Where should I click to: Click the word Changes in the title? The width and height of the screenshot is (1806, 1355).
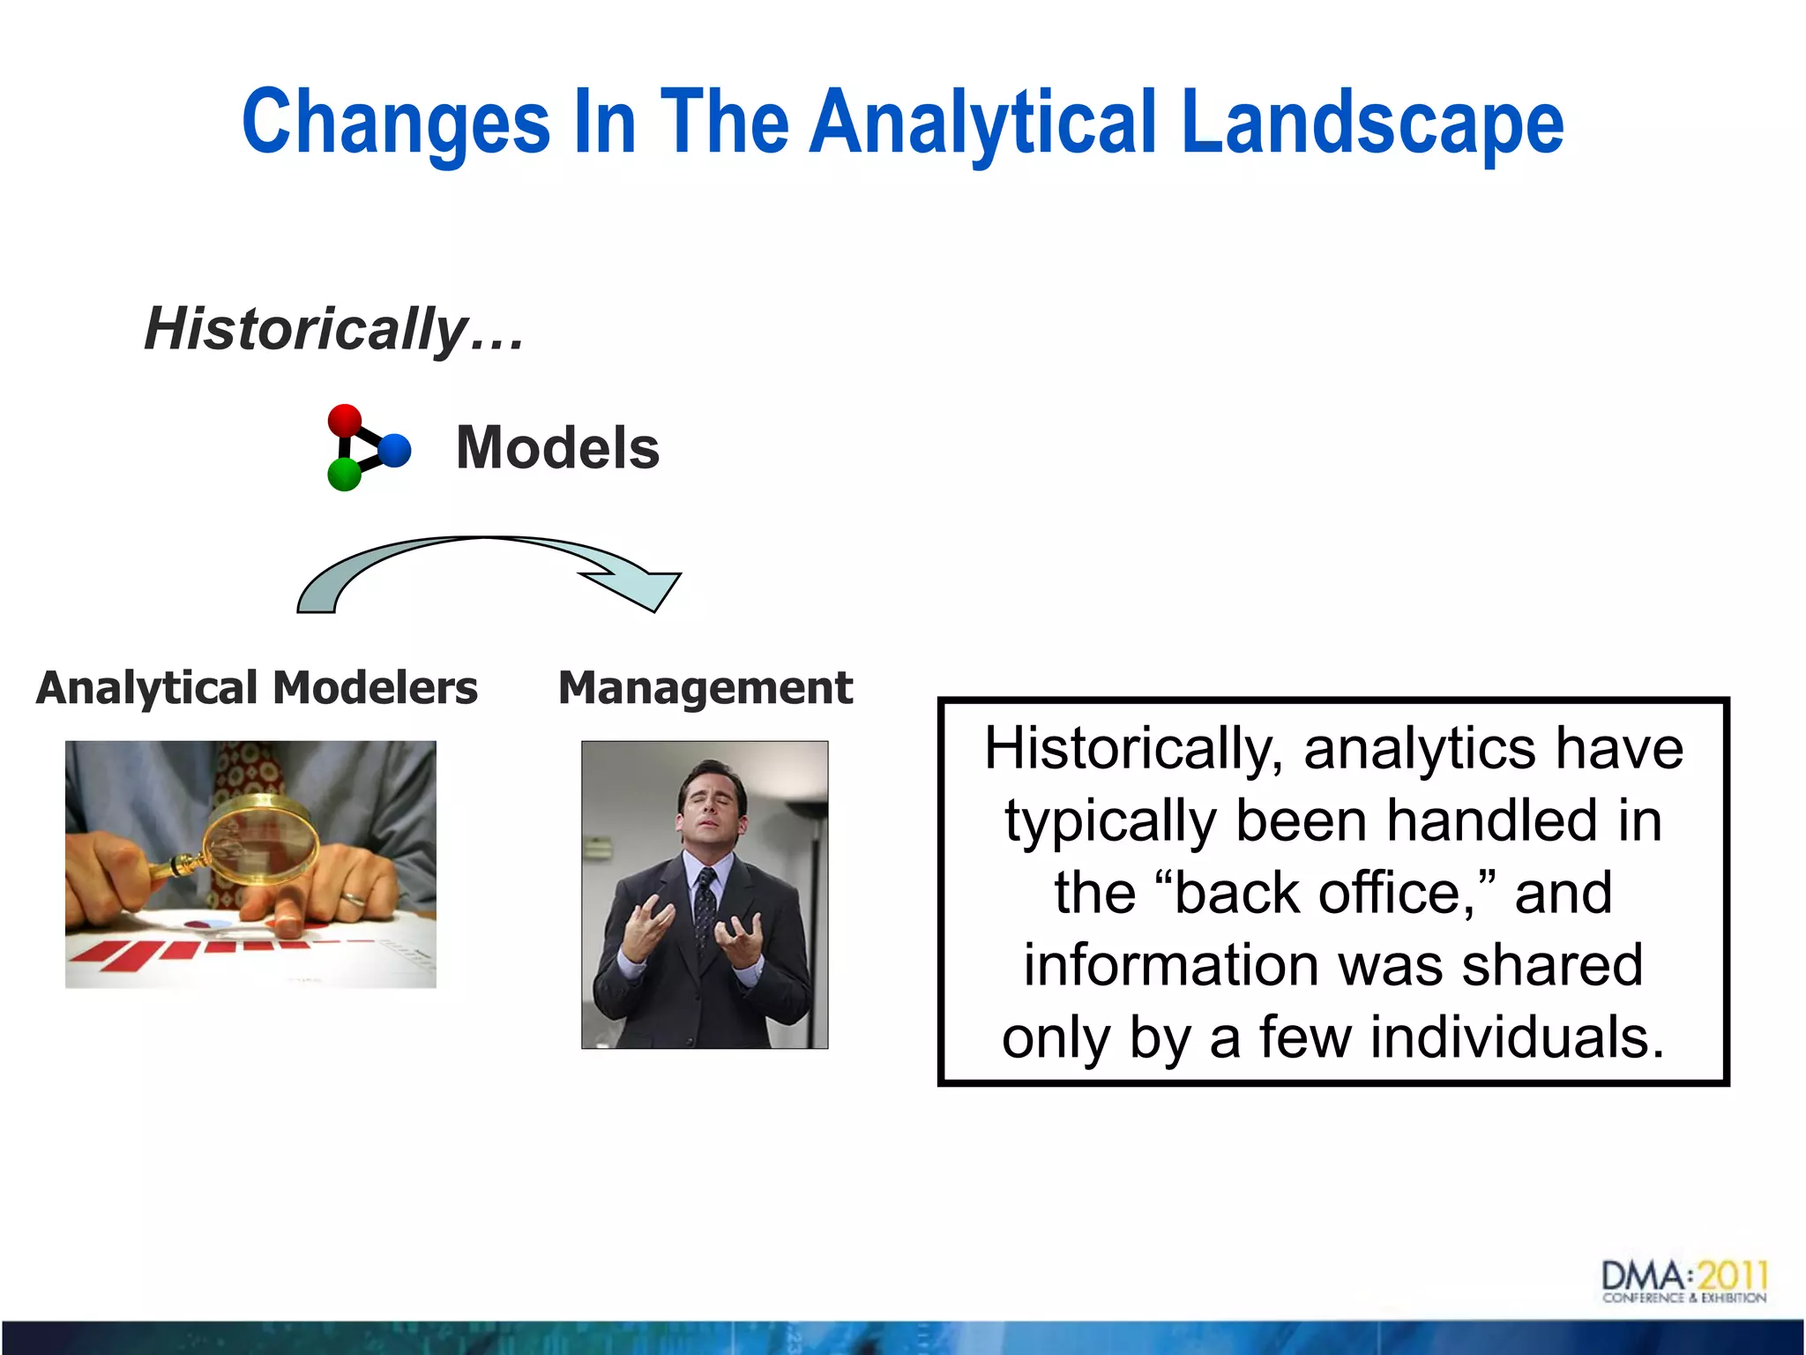click(x=396, y=124)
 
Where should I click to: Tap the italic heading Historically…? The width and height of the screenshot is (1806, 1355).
click(x=333, y=329)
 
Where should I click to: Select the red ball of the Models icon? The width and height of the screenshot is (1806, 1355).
click(x=345, y=420)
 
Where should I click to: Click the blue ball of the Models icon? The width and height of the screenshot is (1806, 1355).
click(x=395, y=450)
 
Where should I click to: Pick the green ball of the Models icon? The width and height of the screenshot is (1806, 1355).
click(x=344, y=475)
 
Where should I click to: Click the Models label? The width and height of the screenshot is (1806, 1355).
click(x=557, y=447)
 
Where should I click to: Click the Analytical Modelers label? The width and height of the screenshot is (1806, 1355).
click(x=257, y=688)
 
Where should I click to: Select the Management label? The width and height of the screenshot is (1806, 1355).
click(x=705, y=688)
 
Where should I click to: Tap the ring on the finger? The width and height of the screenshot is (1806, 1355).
click(x=354, y=900)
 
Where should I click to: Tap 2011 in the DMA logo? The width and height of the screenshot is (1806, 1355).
click(x=1732, y=1276)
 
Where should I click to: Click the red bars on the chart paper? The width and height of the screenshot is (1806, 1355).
click(x=176, y=953)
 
